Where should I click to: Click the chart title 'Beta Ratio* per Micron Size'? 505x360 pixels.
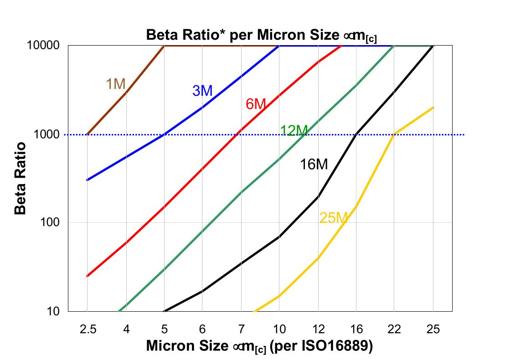coord(261,35)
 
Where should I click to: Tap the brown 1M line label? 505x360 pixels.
coord(116,84)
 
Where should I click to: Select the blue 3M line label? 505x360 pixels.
coord(202,91)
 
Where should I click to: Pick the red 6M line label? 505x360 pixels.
coord(256,104)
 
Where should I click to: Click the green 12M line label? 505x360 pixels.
coord(294,130)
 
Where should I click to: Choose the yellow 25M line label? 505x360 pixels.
coord(334,218)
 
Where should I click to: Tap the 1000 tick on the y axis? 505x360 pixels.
coord(48,134)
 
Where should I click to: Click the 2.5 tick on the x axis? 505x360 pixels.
coord(87,329)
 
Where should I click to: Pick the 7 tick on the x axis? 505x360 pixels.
coord(241,329)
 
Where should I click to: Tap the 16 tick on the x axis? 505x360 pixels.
coord(356,329)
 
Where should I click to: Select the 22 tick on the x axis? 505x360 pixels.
coord(394,329)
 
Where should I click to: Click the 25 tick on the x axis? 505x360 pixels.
coord(433,329)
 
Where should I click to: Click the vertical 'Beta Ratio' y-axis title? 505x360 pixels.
coord(20,179)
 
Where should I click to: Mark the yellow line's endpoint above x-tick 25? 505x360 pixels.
coord(433,108)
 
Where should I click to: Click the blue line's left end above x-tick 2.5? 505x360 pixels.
coord(87,180)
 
